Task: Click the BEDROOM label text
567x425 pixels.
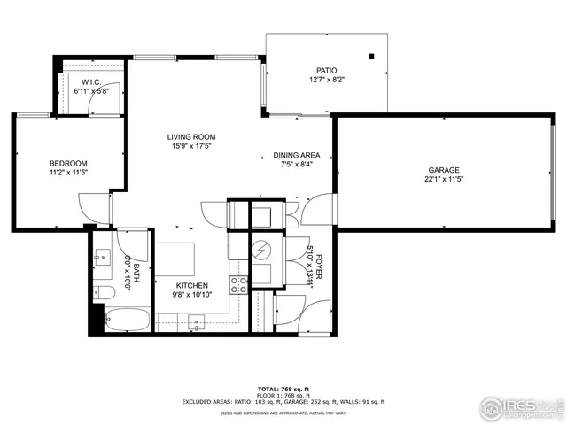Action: coord(67,164)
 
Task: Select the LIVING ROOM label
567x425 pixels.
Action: coord(191,137)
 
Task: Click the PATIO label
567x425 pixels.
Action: coord(327,70)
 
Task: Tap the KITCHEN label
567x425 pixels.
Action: coord(191,286)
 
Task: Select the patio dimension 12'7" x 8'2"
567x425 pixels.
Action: coord(327,80)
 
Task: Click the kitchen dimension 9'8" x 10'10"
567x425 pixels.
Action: coord(191,296)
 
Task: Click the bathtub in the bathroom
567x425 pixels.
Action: coord(126,319)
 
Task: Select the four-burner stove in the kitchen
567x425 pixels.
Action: coord(238,285)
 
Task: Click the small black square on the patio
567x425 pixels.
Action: coord(372,56)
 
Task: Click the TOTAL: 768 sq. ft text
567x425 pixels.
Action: coord(283,390)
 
